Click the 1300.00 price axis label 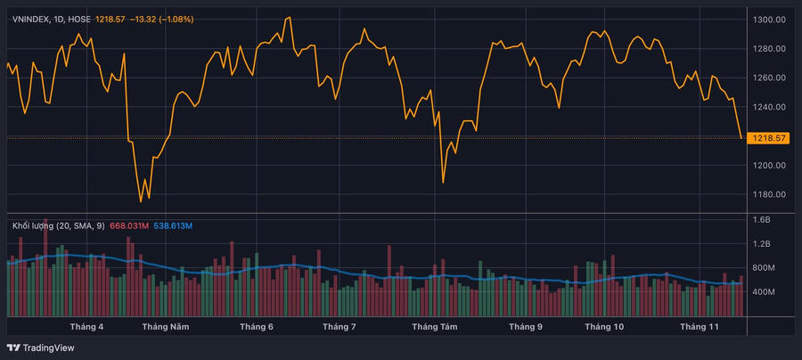768,19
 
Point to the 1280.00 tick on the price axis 768,48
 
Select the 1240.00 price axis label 768,107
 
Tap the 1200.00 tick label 768,166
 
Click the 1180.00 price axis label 768,194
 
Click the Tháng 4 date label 86,327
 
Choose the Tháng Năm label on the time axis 166,327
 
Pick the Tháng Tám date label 435,327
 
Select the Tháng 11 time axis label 700,327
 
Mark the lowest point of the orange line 141,201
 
